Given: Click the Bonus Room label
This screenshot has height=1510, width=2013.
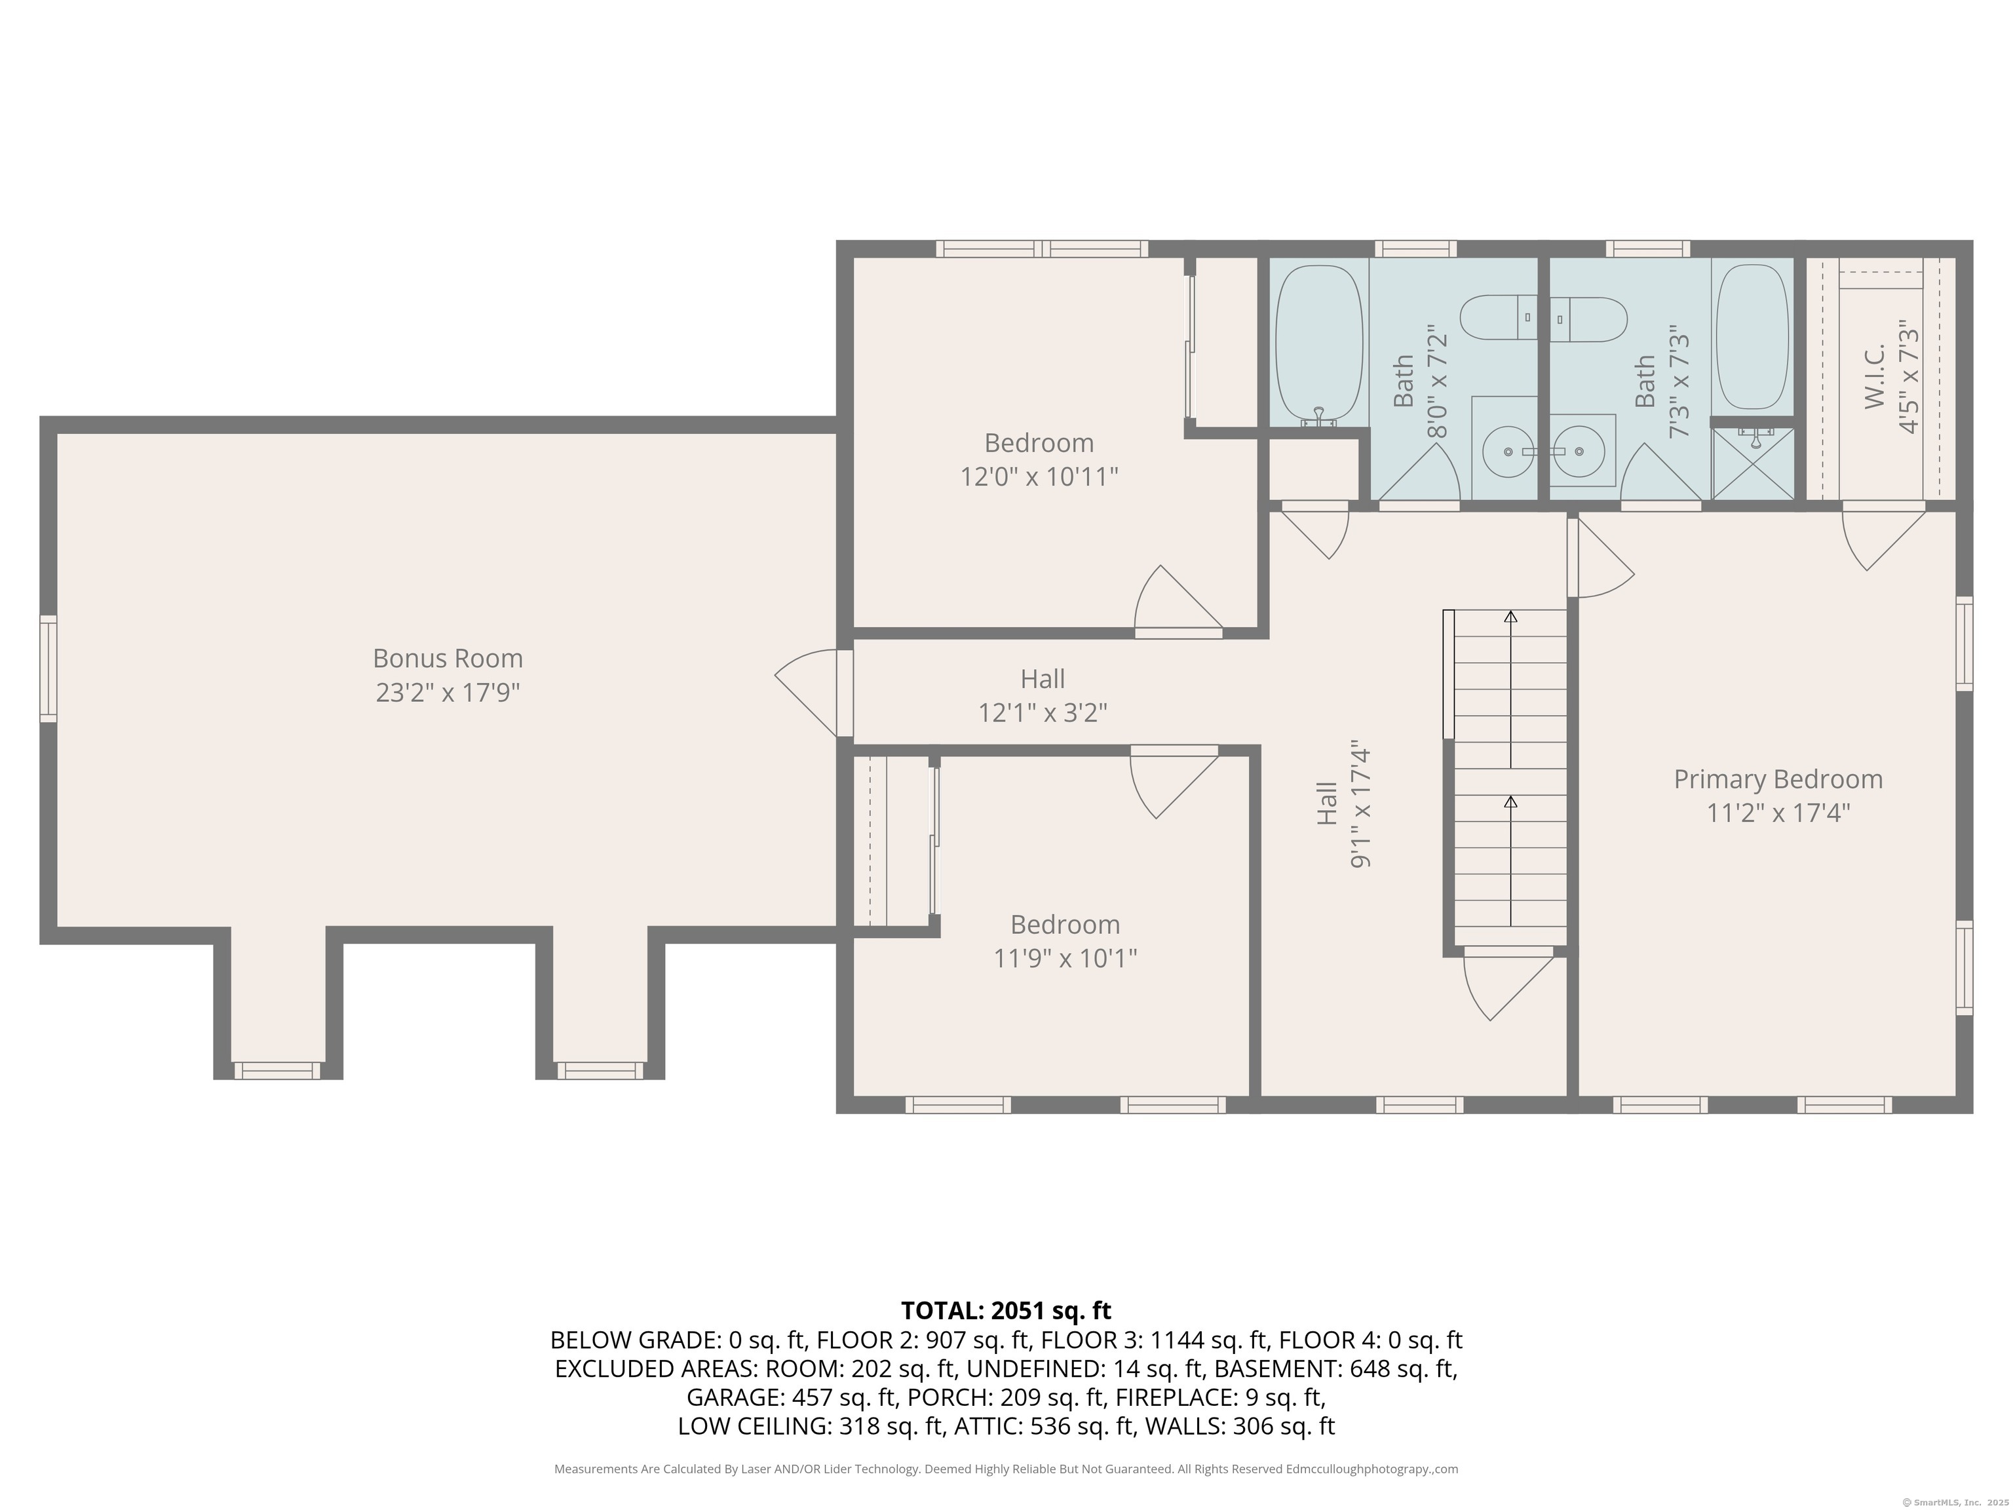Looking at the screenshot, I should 448,658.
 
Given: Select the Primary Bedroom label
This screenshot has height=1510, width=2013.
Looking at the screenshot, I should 1777,779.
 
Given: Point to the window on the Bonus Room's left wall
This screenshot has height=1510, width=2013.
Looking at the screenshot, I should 48,669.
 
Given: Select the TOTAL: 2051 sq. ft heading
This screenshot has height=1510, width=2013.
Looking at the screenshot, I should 1006,1311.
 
